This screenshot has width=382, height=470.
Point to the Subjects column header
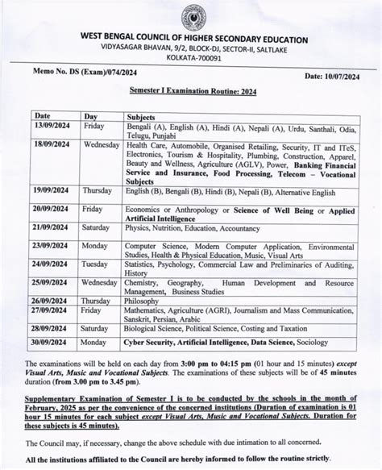(x=143, y=117)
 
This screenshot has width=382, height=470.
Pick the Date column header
(x=43, y=117)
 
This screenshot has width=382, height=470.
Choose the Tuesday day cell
(x=96, y=264)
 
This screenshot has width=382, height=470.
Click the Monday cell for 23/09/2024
(x=96, y=244)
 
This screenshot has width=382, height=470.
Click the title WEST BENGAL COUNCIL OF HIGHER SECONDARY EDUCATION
(x=193, y=39)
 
